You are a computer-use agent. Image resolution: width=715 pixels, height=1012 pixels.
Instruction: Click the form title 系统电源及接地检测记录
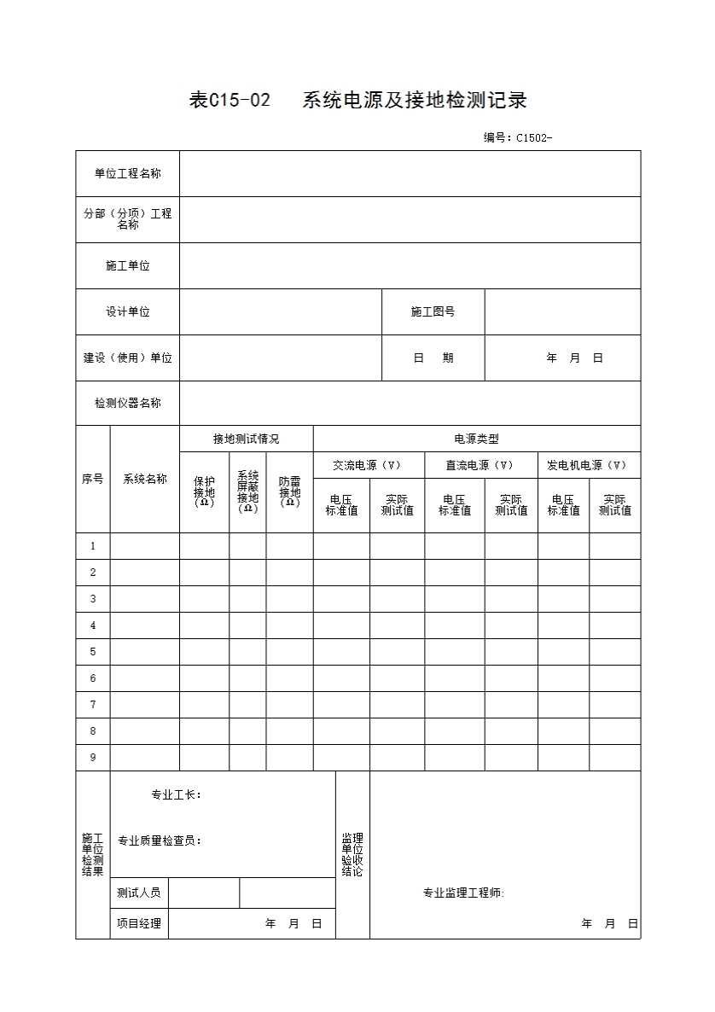(x=415, y=101)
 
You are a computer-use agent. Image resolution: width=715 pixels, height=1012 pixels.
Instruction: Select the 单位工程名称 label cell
(x=127, y=174)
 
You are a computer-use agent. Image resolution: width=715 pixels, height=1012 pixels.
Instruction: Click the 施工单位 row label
(x=127, y=266)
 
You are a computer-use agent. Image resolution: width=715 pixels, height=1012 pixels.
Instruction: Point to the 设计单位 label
(x=127, y=312)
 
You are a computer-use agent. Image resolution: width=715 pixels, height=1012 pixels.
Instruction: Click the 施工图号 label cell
(x=433, y=312)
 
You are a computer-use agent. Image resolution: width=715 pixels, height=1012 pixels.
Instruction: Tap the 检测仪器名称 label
(x=127, y=404)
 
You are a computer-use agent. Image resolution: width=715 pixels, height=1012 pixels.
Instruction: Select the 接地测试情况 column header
(x=246, y=439)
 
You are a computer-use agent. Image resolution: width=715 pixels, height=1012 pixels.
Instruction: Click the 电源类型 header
(x=476, y=439)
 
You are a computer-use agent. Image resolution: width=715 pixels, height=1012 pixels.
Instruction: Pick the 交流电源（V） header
(x=369, y=466)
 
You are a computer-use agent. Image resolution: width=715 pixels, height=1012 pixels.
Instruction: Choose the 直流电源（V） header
(x=480, y=466)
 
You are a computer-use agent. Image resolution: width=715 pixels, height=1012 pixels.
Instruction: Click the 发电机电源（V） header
(x=588, y=466)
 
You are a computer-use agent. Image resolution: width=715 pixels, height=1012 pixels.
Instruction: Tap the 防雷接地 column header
(x=290, y=492)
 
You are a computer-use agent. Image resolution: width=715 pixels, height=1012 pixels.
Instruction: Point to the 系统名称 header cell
(x=144, y=480)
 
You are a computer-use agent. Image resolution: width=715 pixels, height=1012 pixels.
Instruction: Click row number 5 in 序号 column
(x=93, y=652)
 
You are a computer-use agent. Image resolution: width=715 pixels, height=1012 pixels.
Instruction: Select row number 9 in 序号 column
(x=93, y=758)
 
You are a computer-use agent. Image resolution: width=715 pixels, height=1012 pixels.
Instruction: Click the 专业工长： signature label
(x=176, y=795)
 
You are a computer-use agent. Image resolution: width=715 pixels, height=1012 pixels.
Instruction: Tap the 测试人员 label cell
(x=138, y=893)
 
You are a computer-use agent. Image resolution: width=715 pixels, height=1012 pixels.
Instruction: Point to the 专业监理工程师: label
(x=463, y=893)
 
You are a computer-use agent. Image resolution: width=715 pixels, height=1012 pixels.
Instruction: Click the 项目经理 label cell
(x=138, y=923)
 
